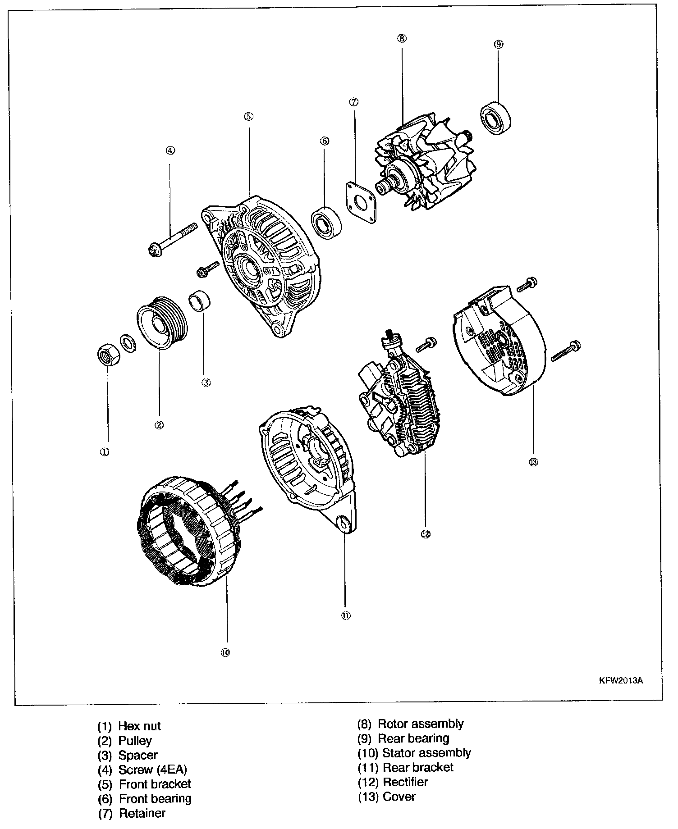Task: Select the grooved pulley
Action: coord(160,323)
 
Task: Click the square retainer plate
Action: coord(361,201)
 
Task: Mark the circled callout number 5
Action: coord(248,116)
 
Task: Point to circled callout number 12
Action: coord(425,534)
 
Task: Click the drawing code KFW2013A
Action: coord(620,681)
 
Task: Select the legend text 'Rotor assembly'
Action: coord(421,724)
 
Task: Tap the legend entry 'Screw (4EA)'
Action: coord(152,770)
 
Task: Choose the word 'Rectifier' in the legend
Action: coord(405,782)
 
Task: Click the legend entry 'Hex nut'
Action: coord(139,726)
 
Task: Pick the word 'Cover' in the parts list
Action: coord(399,796)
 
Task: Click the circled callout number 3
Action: coord(206,383)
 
